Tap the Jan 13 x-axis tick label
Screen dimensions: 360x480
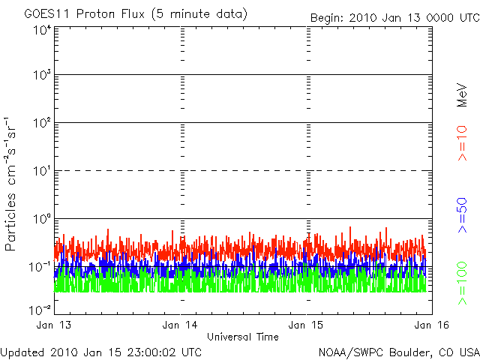[54, 325]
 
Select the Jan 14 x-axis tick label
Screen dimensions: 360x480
[181, 325]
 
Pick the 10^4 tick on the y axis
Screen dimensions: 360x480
[40, 30]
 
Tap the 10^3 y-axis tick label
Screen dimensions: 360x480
[40, 76]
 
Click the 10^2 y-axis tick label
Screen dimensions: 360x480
[40, 124]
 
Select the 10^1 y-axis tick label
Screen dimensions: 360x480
[40, 172]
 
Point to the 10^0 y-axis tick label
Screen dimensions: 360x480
[40, 220]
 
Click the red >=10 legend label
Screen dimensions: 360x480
[463, 143]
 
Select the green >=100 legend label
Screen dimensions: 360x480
[463, 284]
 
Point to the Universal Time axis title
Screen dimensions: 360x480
[243, 337]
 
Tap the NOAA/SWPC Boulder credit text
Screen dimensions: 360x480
[397, 352]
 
